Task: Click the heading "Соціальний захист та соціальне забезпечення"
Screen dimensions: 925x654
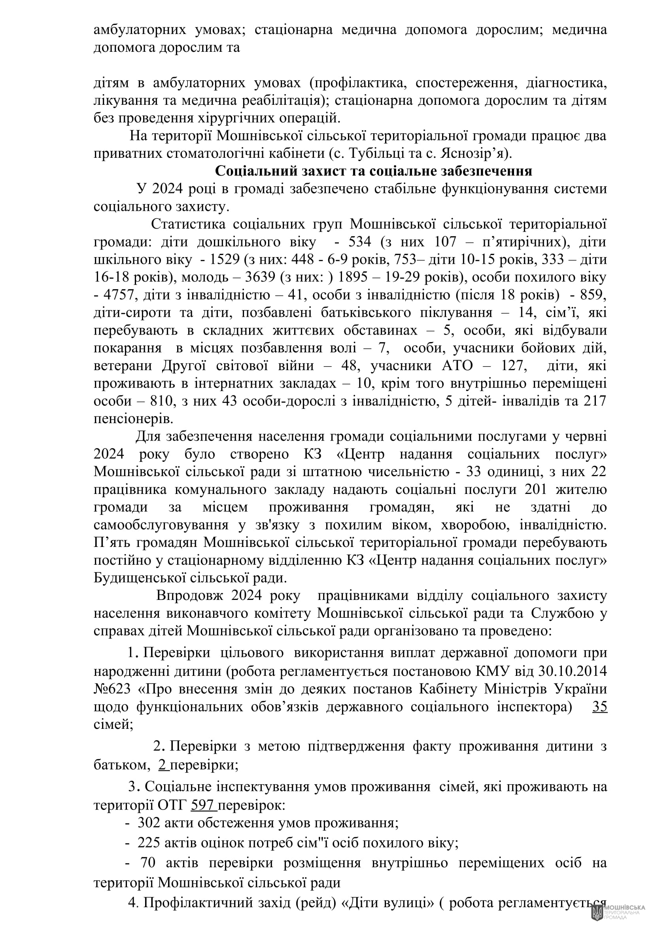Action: pyautogui.click(x=373, y=171)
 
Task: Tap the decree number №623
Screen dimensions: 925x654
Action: pyautogui.click(x=112, y=689)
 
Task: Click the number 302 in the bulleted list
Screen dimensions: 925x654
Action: pyautogui.click(x=149, y=823)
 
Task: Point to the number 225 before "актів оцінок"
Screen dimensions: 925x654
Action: pyautogui.click(x=149, y=842)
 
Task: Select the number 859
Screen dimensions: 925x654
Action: pyautogui.click(x=593, y=295)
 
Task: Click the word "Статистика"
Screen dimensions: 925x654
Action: pyautogui.click(x=188, y=224)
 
